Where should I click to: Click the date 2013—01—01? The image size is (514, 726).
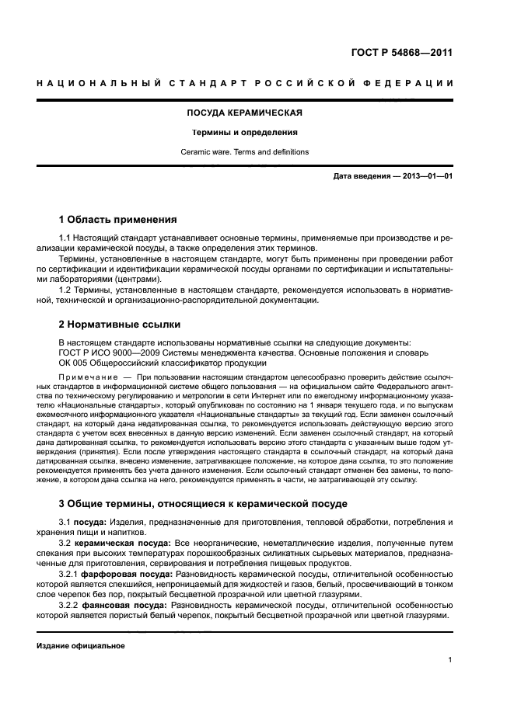pyautogui.click(x=426, y=177)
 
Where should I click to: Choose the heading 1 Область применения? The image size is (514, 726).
pyautogui.click(x=118, y=219)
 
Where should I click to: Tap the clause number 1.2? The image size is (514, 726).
pyautogui.click(x=66, y=290)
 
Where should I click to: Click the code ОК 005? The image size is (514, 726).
pyautogui.click(x=76, y=362)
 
